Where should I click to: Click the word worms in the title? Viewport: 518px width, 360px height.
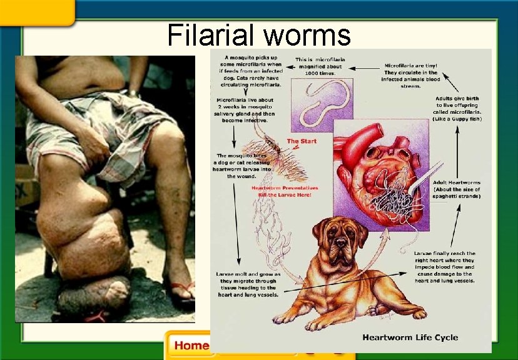pyautogui.click(x=307, y=35)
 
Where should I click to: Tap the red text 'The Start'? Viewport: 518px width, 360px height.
pyautogui.click(x=302, y=141)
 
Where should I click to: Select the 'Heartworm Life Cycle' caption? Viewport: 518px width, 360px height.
pyautogui.click(x=410, y=337)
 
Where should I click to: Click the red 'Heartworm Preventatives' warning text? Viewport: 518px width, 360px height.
pyautogui.click(x=285, y=187)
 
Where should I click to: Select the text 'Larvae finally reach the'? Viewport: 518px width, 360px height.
pyautogui.click(x=445, y=254)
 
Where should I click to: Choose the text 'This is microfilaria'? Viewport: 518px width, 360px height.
pyautogui.click(x=320, y=61)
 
